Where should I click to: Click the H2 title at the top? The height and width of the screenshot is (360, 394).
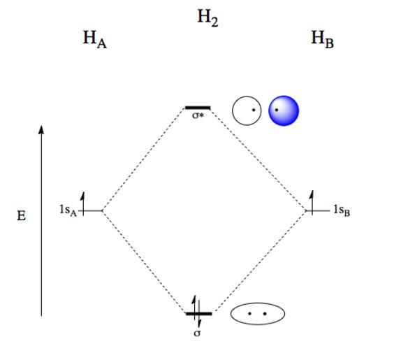tap(207, 18)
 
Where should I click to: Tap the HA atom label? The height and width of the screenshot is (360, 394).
tap(95, 40)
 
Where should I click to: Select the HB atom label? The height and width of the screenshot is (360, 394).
tap(322, 39)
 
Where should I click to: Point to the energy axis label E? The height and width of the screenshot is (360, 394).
tap(22, 216)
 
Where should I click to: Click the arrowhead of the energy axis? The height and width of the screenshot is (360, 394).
tap(41, 129)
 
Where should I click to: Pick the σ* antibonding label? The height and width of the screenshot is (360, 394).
tap(198, 115)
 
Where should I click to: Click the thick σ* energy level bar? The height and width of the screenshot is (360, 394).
tap(198, 108)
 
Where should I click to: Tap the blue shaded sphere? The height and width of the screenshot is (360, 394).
tap(284, 110)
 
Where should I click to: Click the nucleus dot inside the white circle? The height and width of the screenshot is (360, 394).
tap(254, 110)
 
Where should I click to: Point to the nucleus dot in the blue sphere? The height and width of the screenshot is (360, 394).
tap(277, 110)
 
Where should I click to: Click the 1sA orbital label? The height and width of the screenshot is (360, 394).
tap(68, 210)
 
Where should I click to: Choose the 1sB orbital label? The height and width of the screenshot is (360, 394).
tap(342, 210)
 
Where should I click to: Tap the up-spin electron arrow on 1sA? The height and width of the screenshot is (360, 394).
tap(82, 204)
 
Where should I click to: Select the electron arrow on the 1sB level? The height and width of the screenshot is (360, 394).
tap(312, 203)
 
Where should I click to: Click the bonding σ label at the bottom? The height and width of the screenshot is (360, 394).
tap(197, 333)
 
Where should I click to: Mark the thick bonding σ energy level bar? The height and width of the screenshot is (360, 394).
tap(199, 313)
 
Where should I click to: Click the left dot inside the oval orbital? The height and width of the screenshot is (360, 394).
tap(249, 313)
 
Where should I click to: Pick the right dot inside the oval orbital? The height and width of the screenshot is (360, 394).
tap(265, 313)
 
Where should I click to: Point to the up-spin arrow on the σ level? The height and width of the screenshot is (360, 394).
tap(194, 308)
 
